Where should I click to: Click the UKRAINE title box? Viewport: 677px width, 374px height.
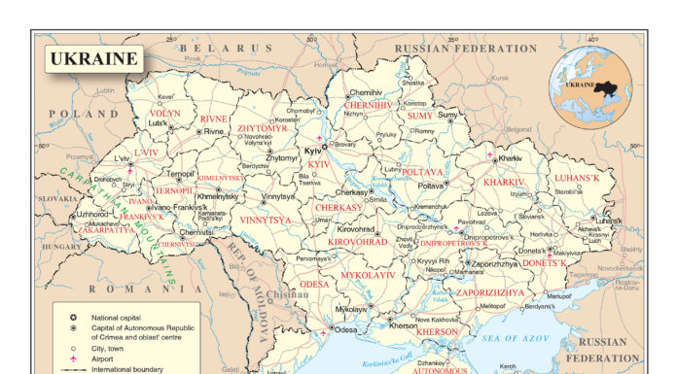93,59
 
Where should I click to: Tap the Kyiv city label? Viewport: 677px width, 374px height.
313,153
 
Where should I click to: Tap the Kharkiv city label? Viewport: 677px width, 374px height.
511,157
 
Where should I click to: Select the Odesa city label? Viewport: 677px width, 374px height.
346,329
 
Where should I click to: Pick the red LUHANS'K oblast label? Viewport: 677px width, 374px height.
578,178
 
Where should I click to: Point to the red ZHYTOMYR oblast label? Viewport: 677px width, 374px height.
263,127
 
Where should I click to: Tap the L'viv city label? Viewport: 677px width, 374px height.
122,157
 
